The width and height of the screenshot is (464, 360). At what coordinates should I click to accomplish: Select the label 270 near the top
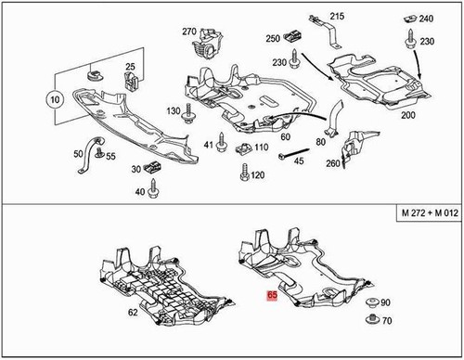point(189,32)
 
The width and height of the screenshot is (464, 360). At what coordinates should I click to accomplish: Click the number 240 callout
point(426,19)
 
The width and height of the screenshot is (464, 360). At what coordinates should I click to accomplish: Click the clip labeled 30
point(153,168)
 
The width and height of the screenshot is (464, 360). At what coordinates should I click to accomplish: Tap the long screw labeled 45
point(277,159)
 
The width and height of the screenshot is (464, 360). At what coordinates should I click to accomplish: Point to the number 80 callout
point(319,141)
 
